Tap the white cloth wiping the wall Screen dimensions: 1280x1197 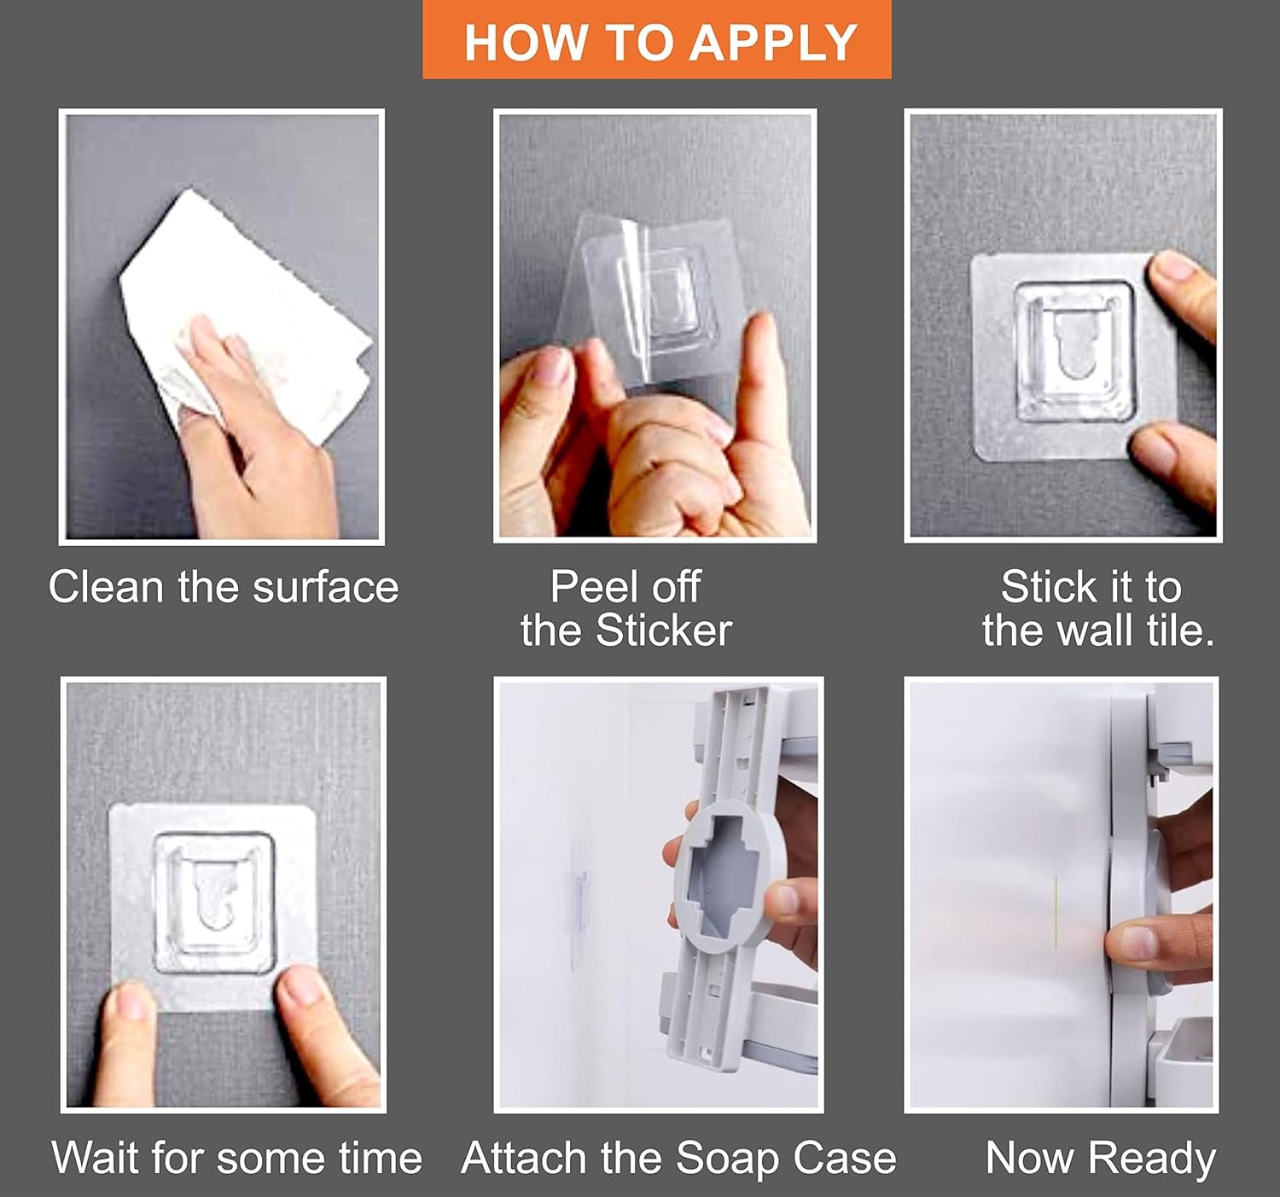[245, 316]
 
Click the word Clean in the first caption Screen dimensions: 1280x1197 [107, 587]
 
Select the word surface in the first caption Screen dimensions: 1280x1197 [325, 587]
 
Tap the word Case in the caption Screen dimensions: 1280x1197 [844, 1158]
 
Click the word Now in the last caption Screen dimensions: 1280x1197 [1030, 1158]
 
